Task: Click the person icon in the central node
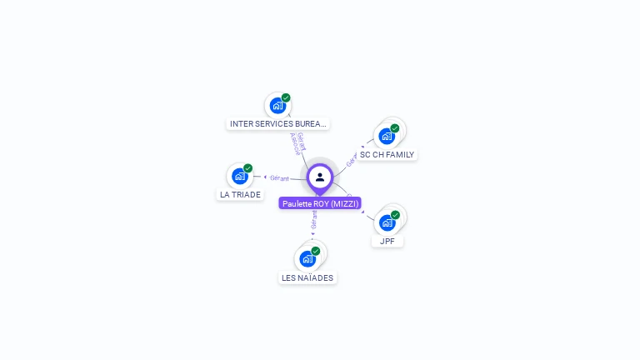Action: click(x=320, y=177)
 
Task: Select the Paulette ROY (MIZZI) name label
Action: click(x=320, y=203)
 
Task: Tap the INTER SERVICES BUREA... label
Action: click(x=278, y=123)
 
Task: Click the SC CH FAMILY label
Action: click(x=387, y=154)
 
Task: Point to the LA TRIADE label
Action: click(x=240, y=194)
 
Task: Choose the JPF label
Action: click(x=387, y=241)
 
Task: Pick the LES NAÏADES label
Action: click(x=307, y=277)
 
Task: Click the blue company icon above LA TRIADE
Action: click(x=240, y=176)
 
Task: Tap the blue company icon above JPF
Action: click(x=387, y=222)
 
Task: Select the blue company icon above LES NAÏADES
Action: click(x=307, y=259)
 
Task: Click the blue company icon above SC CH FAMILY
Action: click(x=386, y=136)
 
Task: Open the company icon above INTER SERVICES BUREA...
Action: click(x=277, y=105)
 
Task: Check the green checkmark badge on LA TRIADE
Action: click(x=247, y=168)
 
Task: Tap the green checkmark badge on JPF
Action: click(x=395, y=215)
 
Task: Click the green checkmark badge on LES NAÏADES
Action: click(x=316, y=251)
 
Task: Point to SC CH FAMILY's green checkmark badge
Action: click(x=394, y=128)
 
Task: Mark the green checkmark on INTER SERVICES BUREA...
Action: click(x=286, y=97)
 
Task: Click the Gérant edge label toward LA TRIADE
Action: click(x=279, y=177)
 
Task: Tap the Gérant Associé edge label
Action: click(x=297, y=143)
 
